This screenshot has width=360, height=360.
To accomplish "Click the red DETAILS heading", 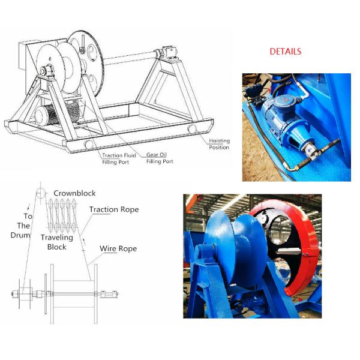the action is click(x=285, y=52).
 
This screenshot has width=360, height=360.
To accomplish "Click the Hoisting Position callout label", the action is click(x=219, y=144).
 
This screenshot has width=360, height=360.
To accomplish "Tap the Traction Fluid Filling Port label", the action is click(x=119, y=158).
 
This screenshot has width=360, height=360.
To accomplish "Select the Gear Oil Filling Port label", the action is click(x=160, y=158).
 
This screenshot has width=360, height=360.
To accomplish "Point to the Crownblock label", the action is click(x=74, y=193).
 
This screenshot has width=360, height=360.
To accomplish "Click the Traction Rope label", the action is click(x=114, y=209).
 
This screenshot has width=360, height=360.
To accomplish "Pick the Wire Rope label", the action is click(x=118, y=248).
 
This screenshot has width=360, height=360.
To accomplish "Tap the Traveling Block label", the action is click(x=57, y=242).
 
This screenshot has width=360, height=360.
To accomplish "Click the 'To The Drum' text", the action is click(x=21, y=226).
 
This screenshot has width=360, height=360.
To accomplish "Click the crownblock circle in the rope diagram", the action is click(x=41, y=193).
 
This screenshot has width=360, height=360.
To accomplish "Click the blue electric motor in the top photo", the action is click(x=278, y=113).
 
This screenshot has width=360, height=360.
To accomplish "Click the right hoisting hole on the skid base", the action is click(x=192, y=129).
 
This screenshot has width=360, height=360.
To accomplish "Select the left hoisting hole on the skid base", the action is click(x=89, y=145).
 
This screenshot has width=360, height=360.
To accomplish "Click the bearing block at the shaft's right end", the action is click(x=169, y=52).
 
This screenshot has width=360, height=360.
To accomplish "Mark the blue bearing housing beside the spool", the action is click(x=205, y=254).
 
